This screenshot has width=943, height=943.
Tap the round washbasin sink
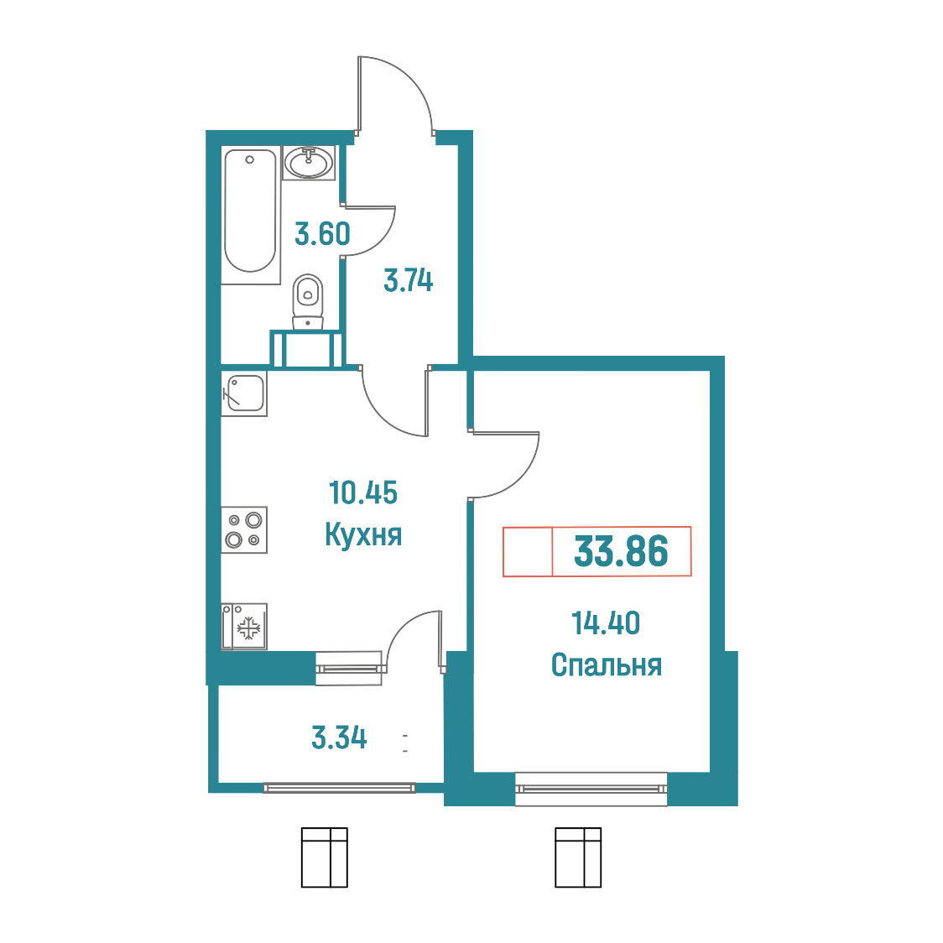309,163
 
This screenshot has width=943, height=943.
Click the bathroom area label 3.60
322,234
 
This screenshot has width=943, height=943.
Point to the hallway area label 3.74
409,281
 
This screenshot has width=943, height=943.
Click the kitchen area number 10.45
363,492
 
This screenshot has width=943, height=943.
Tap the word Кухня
363,534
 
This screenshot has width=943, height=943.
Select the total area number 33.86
621,551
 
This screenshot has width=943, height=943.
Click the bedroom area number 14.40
606,623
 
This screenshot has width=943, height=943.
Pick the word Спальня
607,665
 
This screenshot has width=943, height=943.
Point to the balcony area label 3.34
339,738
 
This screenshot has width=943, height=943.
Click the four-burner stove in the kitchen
244,530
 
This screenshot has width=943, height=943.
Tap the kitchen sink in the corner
244,393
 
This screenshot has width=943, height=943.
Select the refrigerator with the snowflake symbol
244,628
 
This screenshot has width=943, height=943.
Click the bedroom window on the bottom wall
591,789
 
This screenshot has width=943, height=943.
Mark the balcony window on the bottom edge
339,787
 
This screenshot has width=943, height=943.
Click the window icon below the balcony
324,857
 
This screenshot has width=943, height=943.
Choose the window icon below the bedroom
578,857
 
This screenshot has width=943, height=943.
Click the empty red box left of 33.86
528,551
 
